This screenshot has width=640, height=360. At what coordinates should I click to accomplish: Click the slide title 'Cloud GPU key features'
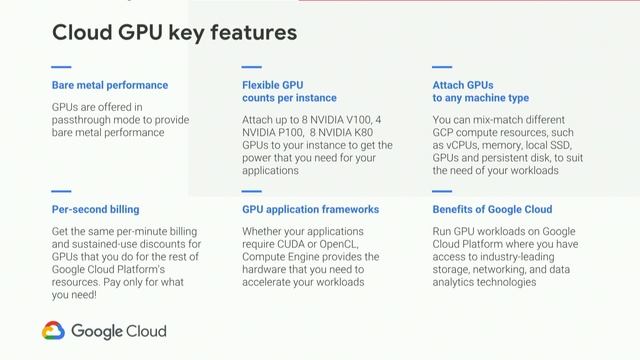(x=174, y=32)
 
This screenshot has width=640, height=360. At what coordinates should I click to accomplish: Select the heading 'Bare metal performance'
(x=110, y=85)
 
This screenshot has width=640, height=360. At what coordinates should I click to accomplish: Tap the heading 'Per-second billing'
(x=95, y=211)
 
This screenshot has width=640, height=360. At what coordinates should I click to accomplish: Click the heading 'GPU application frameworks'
(x=311, y=211)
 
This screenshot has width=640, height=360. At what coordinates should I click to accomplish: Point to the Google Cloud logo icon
(x=54, y=331)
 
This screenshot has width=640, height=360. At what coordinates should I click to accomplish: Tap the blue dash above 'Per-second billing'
(x=61, y=191)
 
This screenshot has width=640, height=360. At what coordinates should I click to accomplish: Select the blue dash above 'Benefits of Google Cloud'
(x=443, y=191)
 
